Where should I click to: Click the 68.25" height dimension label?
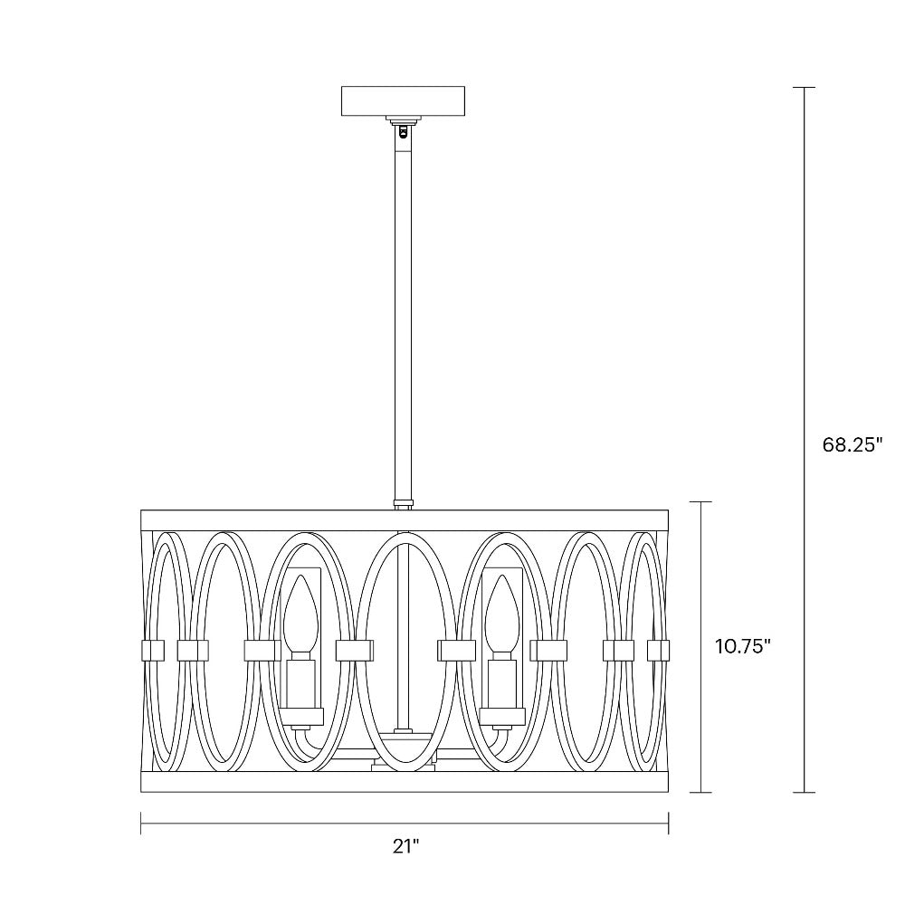click(852, 444)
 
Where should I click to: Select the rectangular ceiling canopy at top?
click(403, 100)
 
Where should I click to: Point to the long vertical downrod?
click(403, 317)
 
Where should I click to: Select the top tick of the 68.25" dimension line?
click(804, 88)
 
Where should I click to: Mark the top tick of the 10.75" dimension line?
click(700, 501)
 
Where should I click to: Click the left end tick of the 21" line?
click(141, 823)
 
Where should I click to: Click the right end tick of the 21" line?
click(668, 823)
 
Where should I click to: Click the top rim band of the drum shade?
click(404, 520)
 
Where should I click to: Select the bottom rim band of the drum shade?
click(404, 783)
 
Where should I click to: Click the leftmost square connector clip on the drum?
click(150, 649)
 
